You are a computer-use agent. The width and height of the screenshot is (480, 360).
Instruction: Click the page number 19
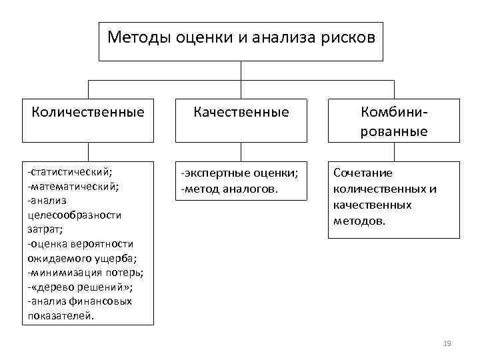click(x=447, y=343)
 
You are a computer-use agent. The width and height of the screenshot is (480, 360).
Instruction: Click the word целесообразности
click(x=75, y=215)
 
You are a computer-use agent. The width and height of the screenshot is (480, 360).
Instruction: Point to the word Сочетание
click(x=363, y=173)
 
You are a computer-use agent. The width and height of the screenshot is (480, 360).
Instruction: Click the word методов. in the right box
click(x=359, y=219)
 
